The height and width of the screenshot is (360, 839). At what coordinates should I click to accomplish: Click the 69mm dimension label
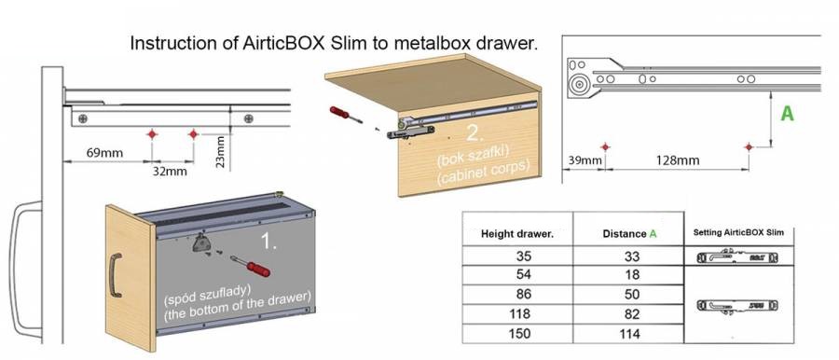pyautogui.click(x=104, y=153)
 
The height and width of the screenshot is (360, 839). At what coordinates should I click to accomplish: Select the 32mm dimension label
pyautogui.click(x=170, y=172)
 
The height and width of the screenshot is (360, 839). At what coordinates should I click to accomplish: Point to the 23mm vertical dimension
pyautogui.click(x=221, y=152)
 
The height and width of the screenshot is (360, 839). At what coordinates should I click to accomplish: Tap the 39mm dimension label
pyautogui.click(x=582, y=160)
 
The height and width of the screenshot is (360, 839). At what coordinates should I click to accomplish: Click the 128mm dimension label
pyautogui.click(x=678, y=160)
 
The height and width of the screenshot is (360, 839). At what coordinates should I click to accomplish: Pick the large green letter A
pyautogui.click(x=787, y=114)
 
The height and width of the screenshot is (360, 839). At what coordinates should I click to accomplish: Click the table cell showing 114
pyautogui.click(x=629, y=334)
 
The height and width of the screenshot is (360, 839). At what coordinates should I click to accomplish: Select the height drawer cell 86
pyautogui.click(x=523, y=294)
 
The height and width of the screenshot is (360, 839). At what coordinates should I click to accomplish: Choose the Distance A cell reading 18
pyautogui.click(x=632, y=274)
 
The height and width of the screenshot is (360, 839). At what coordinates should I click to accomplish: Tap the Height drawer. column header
pyautogui.click(x=517, y=234)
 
